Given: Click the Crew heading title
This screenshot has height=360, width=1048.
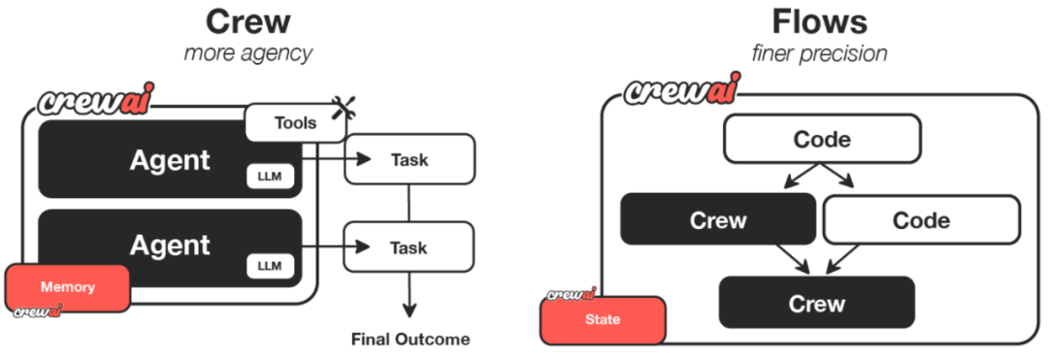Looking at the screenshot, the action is [248, 22].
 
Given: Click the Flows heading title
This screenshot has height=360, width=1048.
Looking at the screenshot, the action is [819, 22].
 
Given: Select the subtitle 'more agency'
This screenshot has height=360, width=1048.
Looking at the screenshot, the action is [248, 52].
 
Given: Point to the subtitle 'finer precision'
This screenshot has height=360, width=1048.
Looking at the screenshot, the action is [819, 52].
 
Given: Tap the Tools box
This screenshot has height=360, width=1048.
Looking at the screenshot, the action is [295, 123].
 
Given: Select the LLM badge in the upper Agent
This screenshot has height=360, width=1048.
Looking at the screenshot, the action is [270, 177].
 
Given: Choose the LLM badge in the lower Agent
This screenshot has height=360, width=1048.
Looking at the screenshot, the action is [270, 266].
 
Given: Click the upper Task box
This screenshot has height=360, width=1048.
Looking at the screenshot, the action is [409, 159].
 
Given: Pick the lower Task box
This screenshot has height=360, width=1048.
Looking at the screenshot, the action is [409, 247].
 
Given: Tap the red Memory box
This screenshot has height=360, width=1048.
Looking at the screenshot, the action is [68, 288].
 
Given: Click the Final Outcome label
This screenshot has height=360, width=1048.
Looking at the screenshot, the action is [410, 340].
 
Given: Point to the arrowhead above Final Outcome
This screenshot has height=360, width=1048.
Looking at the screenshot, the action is [409, 310].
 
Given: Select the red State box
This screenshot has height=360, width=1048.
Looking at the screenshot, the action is [603, 320].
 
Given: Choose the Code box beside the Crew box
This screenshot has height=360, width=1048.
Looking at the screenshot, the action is [922, 219].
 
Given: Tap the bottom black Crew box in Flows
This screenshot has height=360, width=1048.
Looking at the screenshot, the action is [816, 303].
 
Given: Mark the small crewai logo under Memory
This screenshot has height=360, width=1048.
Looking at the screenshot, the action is [38, 311].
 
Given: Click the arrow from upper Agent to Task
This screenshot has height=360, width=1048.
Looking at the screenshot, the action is [336, 159].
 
